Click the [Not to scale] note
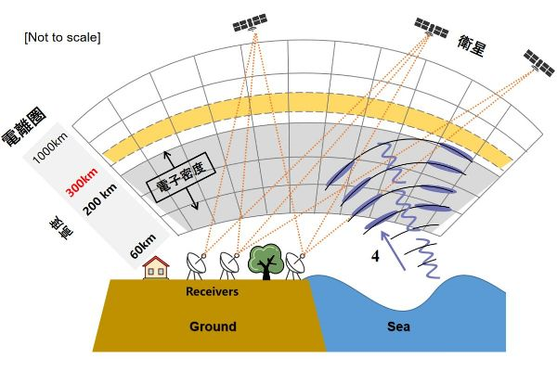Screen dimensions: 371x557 (x=62, y=37)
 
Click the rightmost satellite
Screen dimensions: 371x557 (x=537, y=61)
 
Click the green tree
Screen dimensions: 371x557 (x=267, y=261)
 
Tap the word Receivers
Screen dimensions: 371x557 (x=212, y=291)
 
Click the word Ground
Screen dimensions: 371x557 (x=213, y=326)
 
